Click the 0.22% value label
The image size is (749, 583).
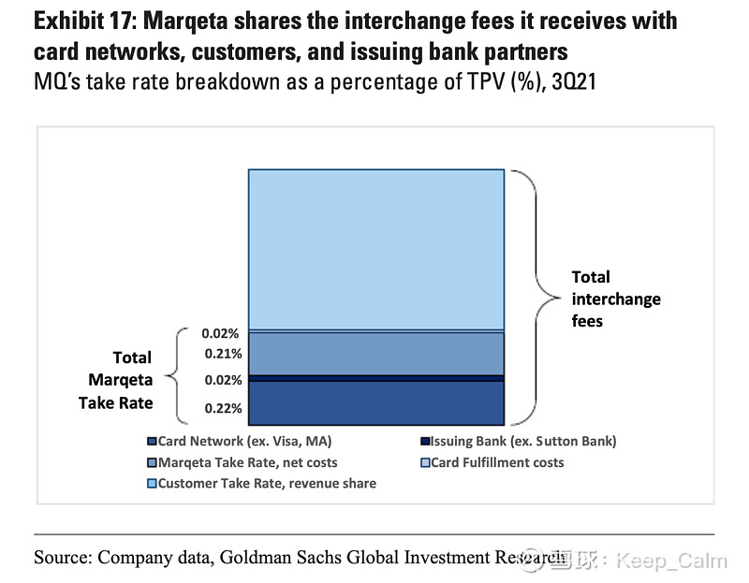(222, 409)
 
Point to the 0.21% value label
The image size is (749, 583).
(222, 354)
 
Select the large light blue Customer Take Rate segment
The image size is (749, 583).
(375, 248)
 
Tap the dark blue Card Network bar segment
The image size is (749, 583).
(375, 403)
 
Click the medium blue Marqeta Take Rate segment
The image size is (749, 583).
(375, 354)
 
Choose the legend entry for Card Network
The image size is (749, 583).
(239, 441)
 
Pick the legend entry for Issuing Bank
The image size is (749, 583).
(519, 441)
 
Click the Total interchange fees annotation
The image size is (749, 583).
(615, 299)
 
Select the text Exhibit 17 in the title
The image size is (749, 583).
(83, 21)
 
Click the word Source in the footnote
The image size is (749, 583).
(63, 558)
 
